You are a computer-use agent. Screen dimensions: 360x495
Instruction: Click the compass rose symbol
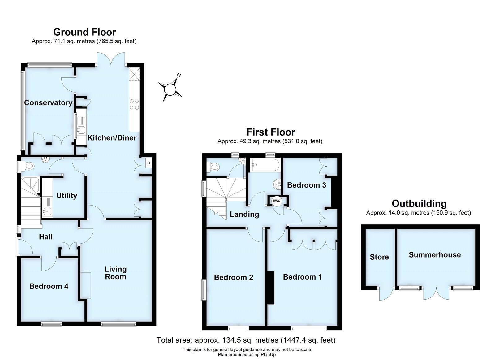(170, 89)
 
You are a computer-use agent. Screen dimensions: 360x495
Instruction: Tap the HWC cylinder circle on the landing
(276, 201)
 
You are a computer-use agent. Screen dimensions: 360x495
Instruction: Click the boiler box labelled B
(148, 163)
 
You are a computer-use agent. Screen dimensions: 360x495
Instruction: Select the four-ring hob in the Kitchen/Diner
(134, 104)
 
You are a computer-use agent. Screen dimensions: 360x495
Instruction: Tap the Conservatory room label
(48, 103)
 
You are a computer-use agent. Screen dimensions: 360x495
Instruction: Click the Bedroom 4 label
(49, 286)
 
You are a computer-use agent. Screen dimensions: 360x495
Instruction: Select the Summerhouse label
(435, 255)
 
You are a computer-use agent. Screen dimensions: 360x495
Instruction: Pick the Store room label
(379, 257)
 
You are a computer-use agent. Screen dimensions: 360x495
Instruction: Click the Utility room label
(67, 196)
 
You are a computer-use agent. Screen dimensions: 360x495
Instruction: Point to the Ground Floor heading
(84, 32)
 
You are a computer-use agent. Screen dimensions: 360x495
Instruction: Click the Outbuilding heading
(419, 203)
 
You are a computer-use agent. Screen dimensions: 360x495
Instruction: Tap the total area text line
(246, 340)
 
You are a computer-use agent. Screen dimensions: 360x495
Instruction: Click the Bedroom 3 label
(306, 185)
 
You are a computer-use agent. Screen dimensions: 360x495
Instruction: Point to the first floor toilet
(214, 167)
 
